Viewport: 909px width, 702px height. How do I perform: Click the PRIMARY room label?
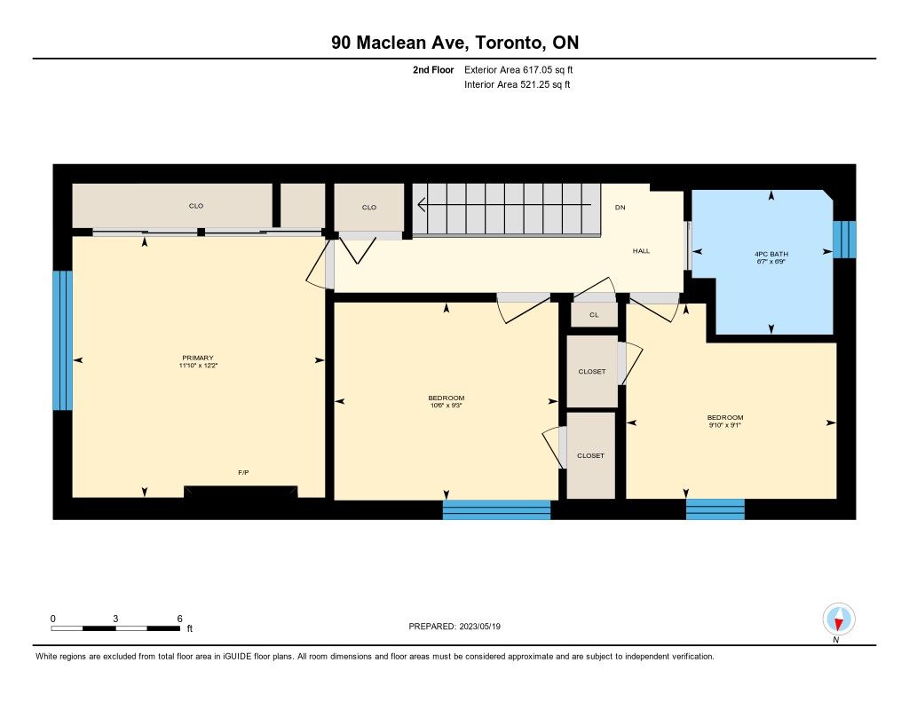click(198, 358)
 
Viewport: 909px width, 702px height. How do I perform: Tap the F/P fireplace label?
click(243, 472)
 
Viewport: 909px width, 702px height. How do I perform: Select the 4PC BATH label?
click(771, 254)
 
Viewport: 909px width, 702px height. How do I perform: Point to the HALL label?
click(641, 251)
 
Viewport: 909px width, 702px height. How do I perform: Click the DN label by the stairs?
click(620, 207)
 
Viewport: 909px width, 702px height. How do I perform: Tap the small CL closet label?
click(594, 315)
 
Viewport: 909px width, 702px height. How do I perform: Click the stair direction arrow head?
click(422, 205)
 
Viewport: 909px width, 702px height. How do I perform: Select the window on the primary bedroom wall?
click(63, 340)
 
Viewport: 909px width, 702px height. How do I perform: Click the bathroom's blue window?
click(845, 239)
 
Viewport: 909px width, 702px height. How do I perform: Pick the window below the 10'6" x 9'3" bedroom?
click(496, 509)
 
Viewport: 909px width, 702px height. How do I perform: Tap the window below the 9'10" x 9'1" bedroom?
click(715, 509)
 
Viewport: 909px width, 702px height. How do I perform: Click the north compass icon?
click(838, 619)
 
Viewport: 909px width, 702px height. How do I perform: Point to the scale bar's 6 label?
click(179, 619)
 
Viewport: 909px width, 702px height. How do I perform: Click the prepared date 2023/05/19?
click(480, 626)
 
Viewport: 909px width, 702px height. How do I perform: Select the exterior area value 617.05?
click(536, 69)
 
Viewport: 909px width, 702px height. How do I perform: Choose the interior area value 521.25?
click(534, 84)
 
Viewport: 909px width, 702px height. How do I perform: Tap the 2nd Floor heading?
click(433, 69)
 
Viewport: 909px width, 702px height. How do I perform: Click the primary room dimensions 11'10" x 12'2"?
click(198, 366)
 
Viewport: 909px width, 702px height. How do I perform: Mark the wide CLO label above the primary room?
click(196, 206)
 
